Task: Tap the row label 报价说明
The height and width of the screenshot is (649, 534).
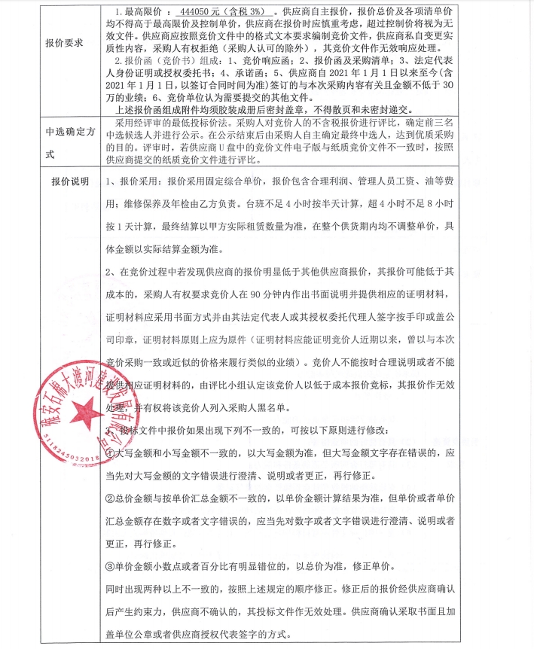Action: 69,182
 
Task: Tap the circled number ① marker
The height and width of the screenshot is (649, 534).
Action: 109,454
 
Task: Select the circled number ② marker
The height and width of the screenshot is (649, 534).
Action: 109,498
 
